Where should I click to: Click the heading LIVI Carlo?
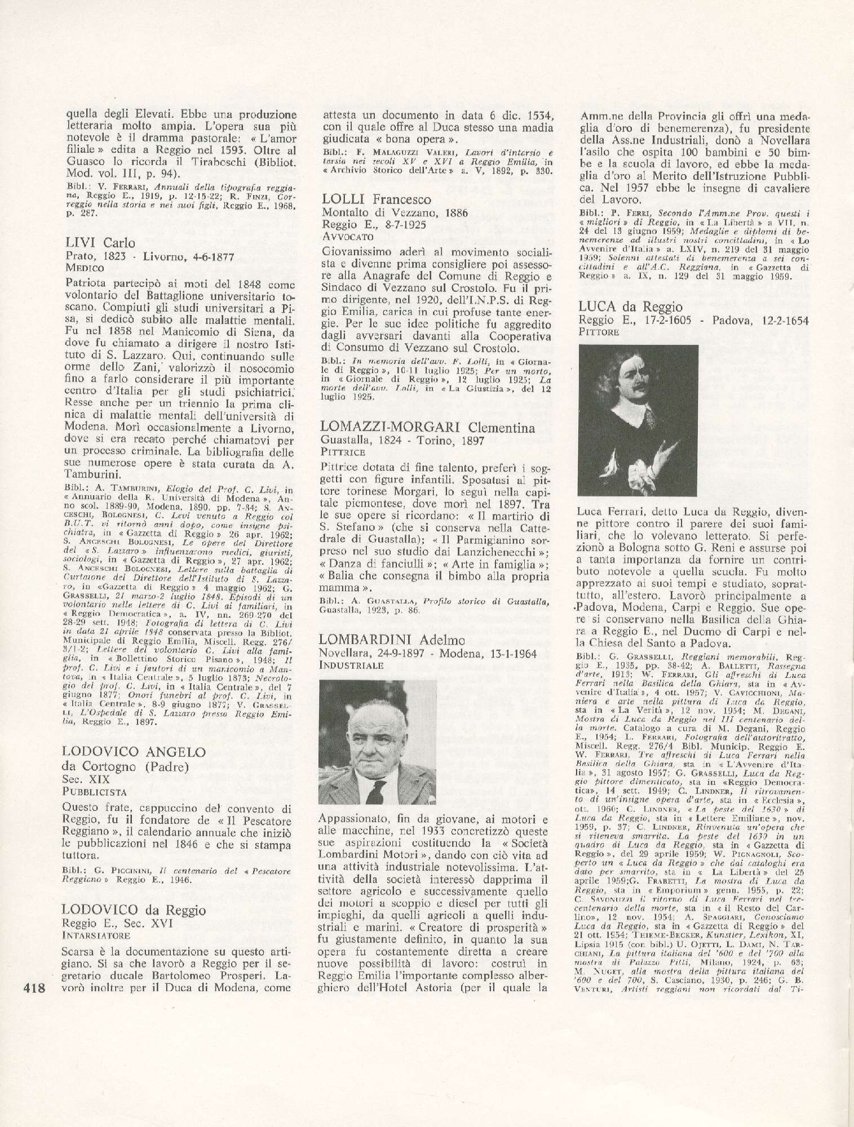101,243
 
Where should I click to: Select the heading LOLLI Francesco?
377,199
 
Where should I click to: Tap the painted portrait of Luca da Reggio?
638,420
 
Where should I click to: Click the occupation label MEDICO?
85,268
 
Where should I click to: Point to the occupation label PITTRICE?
343,452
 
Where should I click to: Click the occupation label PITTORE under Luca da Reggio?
599,332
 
